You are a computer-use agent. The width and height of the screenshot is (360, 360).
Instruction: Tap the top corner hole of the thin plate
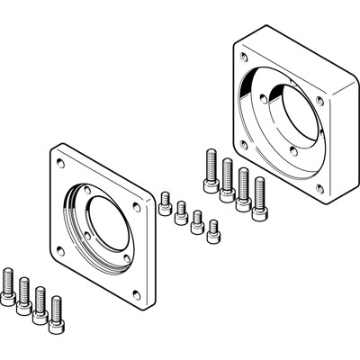[59, 163]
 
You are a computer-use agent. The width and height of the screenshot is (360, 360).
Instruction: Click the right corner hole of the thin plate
[136, 206]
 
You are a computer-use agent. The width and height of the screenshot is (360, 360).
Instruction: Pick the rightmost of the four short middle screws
[213, 231]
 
